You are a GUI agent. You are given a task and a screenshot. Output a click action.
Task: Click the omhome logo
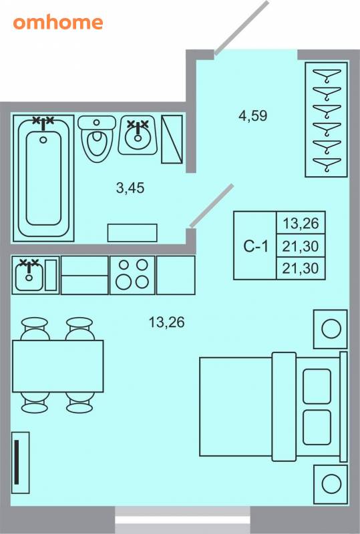click(58, 23)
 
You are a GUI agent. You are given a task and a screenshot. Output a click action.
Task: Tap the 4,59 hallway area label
click(253, 115)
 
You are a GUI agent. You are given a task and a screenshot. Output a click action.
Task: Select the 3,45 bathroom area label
click(130, 188)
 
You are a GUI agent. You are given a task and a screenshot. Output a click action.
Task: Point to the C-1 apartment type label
click(256, 246)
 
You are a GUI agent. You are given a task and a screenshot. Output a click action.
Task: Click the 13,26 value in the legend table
click(301, 224)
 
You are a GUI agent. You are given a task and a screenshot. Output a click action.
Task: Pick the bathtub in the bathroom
click(43, 178)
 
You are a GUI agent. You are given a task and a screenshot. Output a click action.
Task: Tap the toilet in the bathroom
click(97, 138)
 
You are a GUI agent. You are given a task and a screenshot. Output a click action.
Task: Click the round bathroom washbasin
click(138, 136)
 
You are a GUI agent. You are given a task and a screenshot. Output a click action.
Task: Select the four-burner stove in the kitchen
click(133, 275)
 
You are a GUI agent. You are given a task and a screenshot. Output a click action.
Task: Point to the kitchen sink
click(29, 275)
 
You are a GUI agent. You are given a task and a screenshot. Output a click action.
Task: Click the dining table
click(58, 366)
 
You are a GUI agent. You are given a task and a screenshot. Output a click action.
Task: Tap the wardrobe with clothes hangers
click(326, 119)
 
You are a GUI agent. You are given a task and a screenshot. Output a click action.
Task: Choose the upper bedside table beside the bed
click(331, 329)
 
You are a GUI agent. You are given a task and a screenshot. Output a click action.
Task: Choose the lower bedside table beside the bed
click(331, 485)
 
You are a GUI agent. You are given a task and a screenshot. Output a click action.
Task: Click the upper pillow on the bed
click(317, 386)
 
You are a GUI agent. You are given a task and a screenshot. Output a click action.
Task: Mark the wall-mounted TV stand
click(21, 463)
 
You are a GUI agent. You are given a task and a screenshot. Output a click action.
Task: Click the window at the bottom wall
click(182, 520)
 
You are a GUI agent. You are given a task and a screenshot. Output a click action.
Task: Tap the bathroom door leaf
click(212, 206)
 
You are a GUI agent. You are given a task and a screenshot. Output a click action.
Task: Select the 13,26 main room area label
click(167, 322)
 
